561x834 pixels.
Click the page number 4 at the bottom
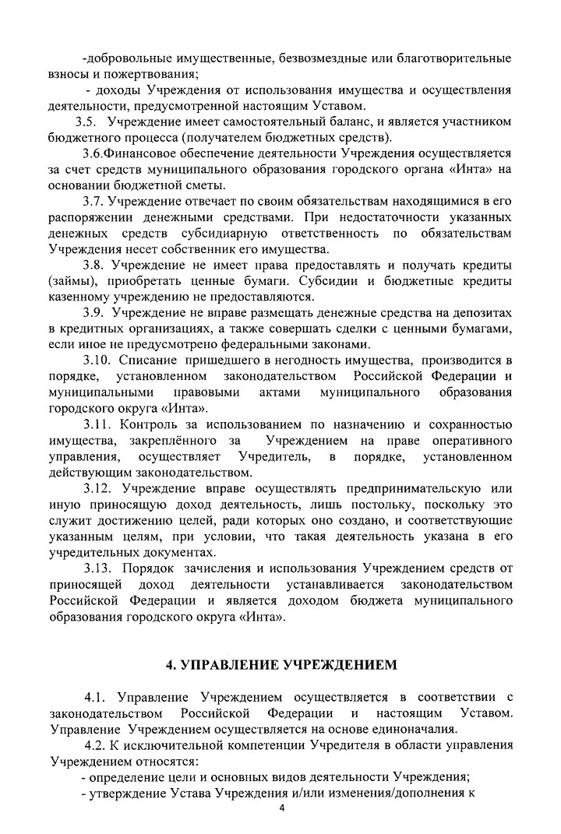(283, 809)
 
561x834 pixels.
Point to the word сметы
(205, 185)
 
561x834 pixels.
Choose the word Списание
(150, 361)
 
